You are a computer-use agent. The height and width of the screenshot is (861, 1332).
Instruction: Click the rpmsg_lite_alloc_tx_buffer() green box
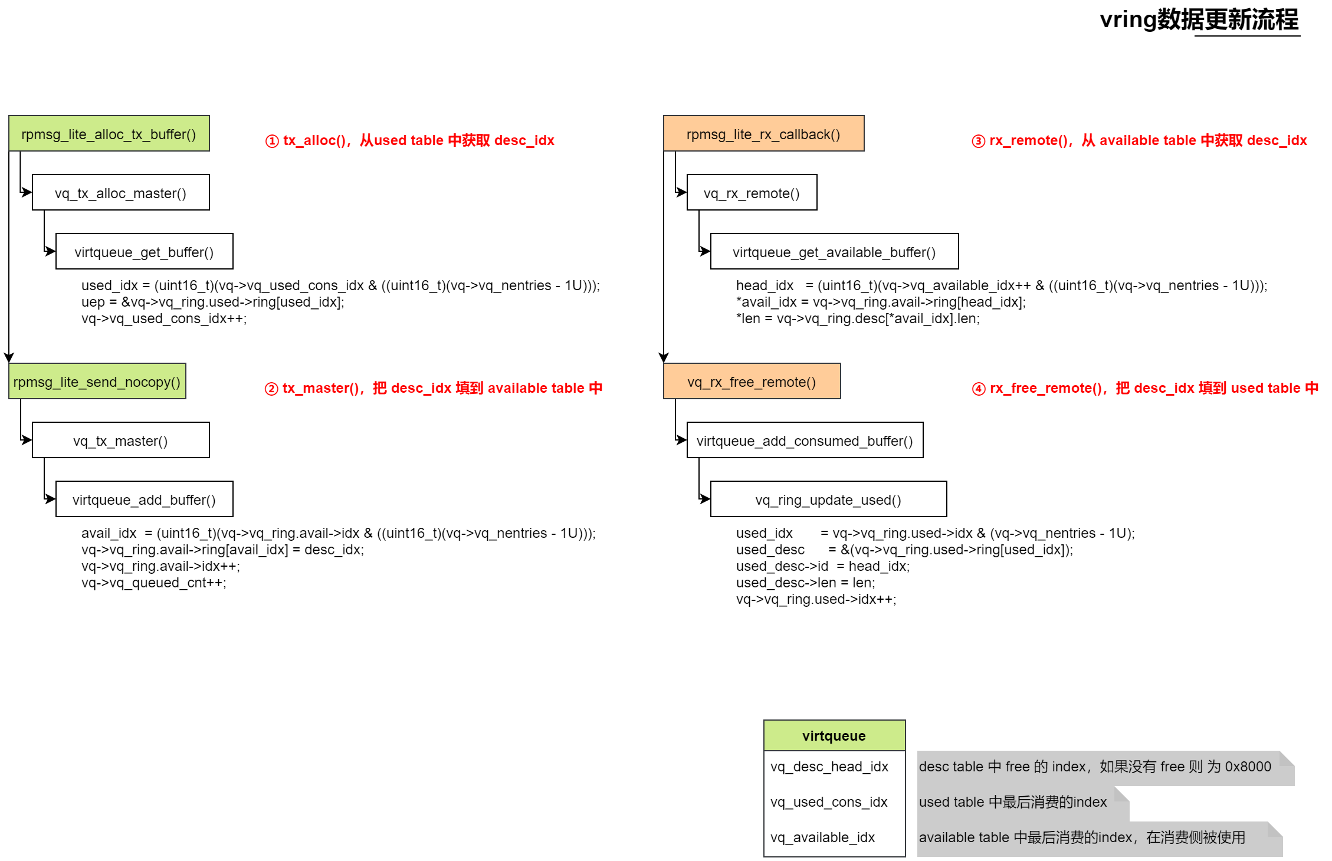[109, 134]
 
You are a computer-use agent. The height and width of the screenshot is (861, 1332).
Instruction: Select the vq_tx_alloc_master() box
[121, 193]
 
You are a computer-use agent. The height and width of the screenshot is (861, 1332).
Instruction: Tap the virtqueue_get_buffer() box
[145, 252]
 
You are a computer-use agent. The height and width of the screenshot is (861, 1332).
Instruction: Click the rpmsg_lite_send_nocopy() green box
[97, 382]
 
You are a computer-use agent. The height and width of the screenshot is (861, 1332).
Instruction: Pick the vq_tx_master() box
[121, 441]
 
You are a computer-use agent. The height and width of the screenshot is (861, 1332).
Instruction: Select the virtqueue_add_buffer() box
[145, 499]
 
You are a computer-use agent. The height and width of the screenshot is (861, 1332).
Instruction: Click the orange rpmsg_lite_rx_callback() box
[763, 134]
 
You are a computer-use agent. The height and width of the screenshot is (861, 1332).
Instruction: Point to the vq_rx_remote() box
[752, 193]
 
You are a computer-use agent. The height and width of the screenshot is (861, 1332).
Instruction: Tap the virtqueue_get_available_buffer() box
[834, 252]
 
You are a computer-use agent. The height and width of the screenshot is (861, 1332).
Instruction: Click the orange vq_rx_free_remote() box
[752, 382]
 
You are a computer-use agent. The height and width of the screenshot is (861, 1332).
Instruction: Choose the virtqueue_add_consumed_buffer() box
[805, 441]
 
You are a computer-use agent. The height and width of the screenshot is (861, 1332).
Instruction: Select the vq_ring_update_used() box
[828, 499]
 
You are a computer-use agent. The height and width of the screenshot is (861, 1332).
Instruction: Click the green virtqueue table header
[834, 735]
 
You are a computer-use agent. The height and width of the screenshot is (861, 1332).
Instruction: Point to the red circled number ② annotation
[271, 389]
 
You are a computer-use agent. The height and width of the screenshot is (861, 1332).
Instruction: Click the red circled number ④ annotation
[979, 389]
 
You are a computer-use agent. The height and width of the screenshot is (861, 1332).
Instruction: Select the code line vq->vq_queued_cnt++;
[154, 583]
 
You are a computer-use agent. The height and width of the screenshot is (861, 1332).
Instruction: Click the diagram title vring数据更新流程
[1199, 20]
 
